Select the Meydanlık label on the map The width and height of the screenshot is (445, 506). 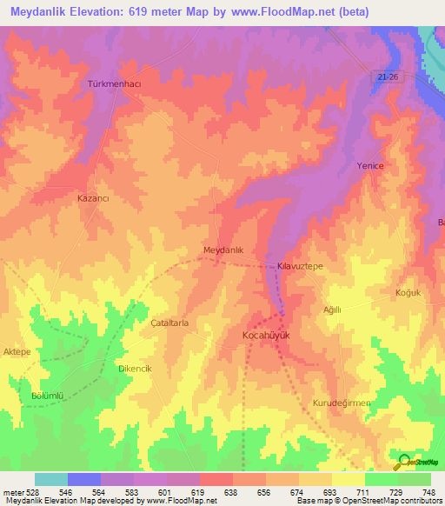click(x=229, y=250)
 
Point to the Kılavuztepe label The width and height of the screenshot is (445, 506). click(x=300, y=266)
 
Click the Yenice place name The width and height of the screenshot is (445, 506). click(x=370, y=165)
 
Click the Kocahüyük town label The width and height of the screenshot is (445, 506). click(x=264, y=334)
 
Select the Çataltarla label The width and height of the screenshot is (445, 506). click(x=169, y=322)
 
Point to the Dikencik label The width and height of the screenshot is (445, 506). click(x=135, y=369)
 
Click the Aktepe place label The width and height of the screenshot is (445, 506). click(x=17, y=351)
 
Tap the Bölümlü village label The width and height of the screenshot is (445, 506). click(x=48, y=396)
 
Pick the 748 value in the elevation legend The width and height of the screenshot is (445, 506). click(x=428, y=493)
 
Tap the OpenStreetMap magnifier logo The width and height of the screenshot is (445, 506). click(x=402, y=462)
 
